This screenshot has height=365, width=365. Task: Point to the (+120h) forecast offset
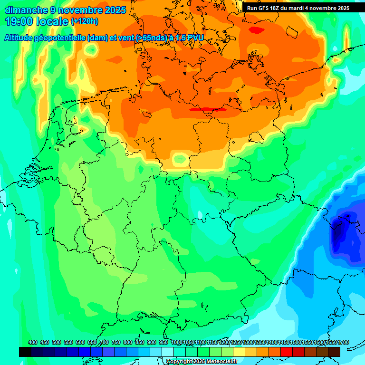click(84, 21)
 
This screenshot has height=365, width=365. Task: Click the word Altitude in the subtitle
click(21, 38)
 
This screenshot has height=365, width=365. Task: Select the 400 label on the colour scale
click(33, 342)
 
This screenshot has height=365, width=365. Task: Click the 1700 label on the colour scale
click(343, 342)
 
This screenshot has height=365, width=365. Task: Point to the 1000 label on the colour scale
click(177, 342)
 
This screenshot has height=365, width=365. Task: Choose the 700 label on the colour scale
click(104, 342)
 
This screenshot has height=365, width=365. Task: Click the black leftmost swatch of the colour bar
click(25, 352)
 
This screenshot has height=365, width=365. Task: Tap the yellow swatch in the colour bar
click(239, 352)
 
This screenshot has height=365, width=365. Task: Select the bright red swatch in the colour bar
click(287, 352)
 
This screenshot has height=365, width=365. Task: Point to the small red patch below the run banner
click(257, 29)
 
